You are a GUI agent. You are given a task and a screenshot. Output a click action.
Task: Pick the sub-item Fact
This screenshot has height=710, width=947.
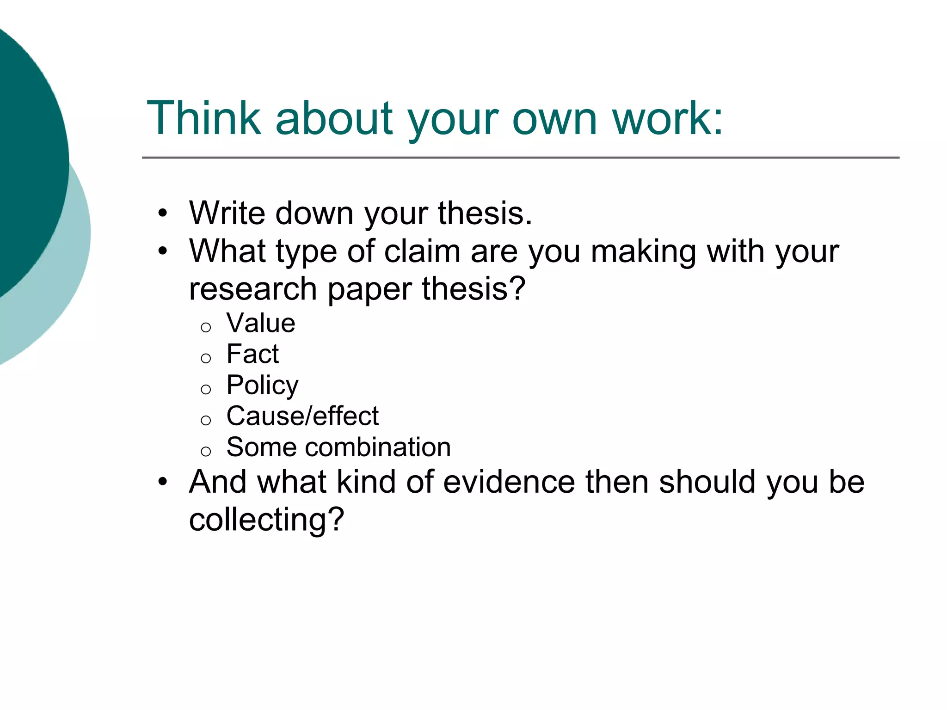pos(252,354)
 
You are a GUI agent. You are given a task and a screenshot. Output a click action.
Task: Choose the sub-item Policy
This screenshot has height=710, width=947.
pos(262,386)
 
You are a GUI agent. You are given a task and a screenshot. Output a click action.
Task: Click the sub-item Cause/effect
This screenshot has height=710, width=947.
pos(302,416)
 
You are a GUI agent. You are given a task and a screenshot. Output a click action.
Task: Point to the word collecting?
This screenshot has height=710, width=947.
pos(267,520)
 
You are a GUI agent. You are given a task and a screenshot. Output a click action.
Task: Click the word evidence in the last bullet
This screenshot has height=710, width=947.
pos(509,482)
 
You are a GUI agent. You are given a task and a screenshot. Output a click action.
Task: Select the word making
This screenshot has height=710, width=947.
pos(643,252)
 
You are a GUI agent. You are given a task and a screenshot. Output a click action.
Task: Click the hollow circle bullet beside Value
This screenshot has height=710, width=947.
pos(206,328)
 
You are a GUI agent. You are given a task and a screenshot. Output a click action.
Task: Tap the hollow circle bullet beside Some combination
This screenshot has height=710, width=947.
pos(206,451)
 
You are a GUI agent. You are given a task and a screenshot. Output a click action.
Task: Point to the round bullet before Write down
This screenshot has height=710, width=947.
pos(162,214)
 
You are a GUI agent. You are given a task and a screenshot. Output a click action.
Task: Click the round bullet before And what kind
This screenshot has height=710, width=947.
pos(162,482)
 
